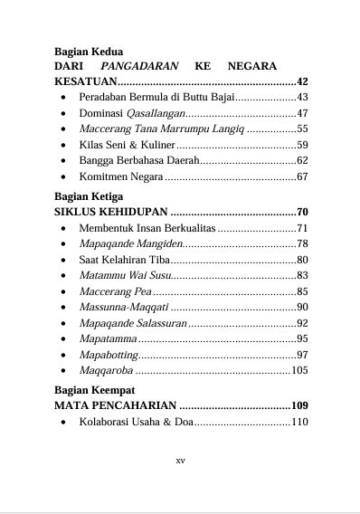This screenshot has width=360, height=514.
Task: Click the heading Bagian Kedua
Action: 89,52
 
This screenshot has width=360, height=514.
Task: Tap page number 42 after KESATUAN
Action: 302,81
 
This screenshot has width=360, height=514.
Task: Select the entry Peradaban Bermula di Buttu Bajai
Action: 156,97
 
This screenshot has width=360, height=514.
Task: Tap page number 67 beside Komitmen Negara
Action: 302,177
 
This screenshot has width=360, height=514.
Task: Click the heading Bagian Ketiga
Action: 89,196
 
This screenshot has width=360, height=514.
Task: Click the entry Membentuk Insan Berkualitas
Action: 147,228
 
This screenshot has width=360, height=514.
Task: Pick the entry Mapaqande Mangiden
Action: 130,243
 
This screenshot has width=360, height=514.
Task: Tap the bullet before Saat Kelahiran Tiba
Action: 61,260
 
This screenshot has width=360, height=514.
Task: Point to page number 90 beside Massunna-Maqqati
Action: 302,308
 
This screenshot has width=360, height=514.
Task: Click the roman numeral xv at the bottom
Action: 180,461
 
